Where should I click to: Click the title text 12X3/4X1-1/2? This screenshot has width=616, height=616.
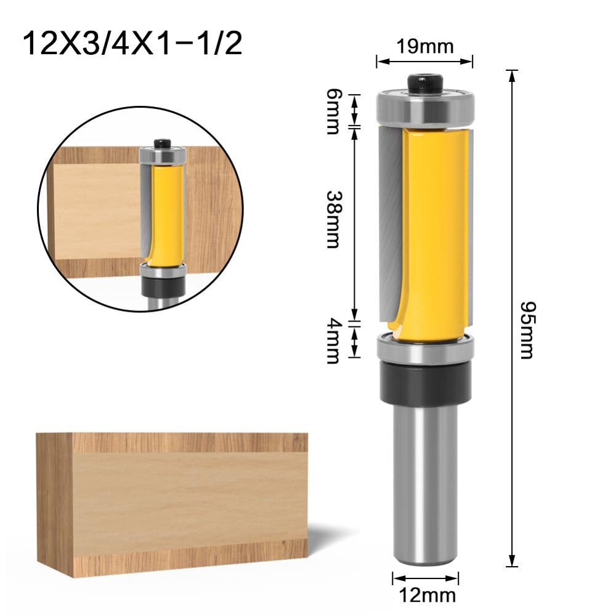coord(132,44)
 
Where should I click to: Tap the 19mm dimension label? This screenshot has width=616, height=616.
coord(424,46)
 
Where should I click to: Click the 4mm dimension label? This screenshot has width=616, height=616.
coord(333,341)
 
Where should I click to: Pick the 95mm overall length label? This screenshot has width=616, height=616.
coord(527,330)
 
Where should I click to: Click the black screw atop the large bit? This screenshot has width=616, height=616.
coord(425,83)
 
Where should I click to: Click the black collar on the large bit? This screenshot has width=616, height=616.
coord(425,382)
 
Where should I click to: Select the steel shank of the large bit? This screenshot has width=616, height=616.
coord(425,487)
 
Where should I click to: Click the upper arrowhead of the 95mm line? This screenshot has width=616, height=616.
coord(511,75)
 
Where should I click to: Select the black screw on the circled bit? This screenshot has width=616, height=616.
coord(163,143)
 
